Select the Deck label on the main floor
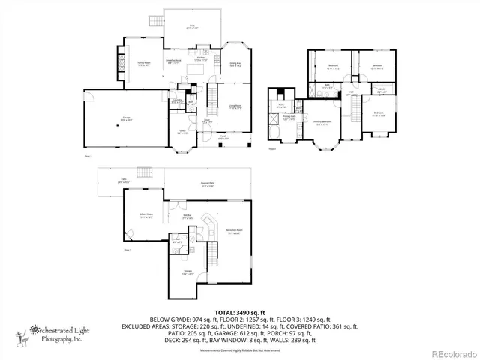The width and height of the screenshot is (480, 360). click(192, 28)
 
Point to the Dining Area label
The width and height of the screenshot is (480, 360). click(235, 65)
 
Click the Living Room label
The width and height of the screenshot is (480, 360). click(235, 107)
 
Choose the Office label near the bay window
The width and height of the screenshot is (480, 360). click(182, 131)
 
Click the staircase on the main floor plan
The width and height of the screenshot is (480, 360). click(211, 97)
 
